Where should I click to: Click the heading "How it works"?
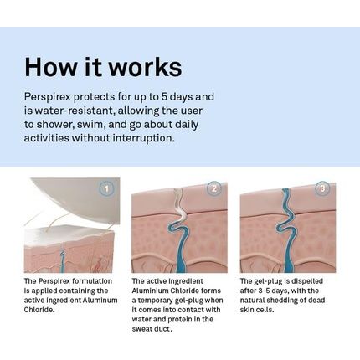(x=103, y=67)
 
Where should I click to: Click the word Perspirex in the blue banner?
(x=46, y=98)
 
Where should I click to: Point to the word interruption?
(x=144, y=138)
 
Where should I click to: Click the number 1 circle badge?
(x=106, y=189)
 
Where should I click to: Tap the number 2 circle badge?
(x=214, y=188)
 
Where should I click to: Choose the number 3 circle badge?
(x=322, y=188)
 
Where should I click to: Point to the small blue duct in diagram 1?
(x=63, y=261)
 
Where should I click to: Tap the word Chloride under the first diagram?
(x=39, y=310)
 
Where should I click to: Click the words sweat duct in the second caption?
(x=152, y=329)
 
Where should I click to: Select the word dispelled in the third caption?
(x=307, y=281)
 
